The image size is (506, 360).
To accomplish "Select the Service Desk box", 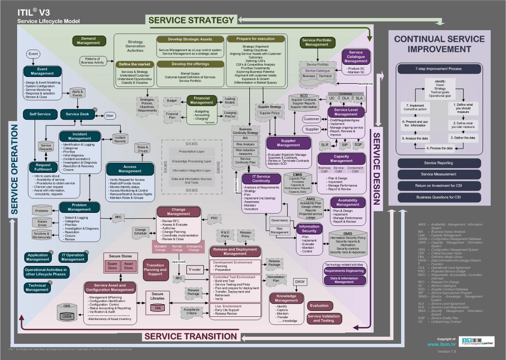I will point(77,114).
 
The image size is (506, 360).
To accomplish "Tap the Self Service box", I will point(40,114).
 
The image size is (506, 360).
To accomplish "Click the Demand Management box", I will point(89,41).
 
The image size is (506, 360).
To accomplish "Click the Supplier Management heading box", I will point(289,143).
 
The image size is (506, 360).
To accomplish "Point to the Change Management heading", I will point(179,212).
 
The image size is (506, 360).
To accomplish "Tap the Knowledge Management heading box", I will point(286,298).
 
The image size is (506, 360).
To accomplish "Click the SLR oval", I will point(325,145).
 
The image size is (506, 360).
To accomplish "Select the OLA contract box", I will point(345,98).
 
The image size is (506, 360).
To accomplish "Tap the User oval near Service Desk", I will point(109,116).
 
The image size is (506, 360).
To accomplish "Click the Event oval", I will point(33,54).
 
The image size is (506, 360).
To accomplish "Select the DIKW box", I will point(300,282).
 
